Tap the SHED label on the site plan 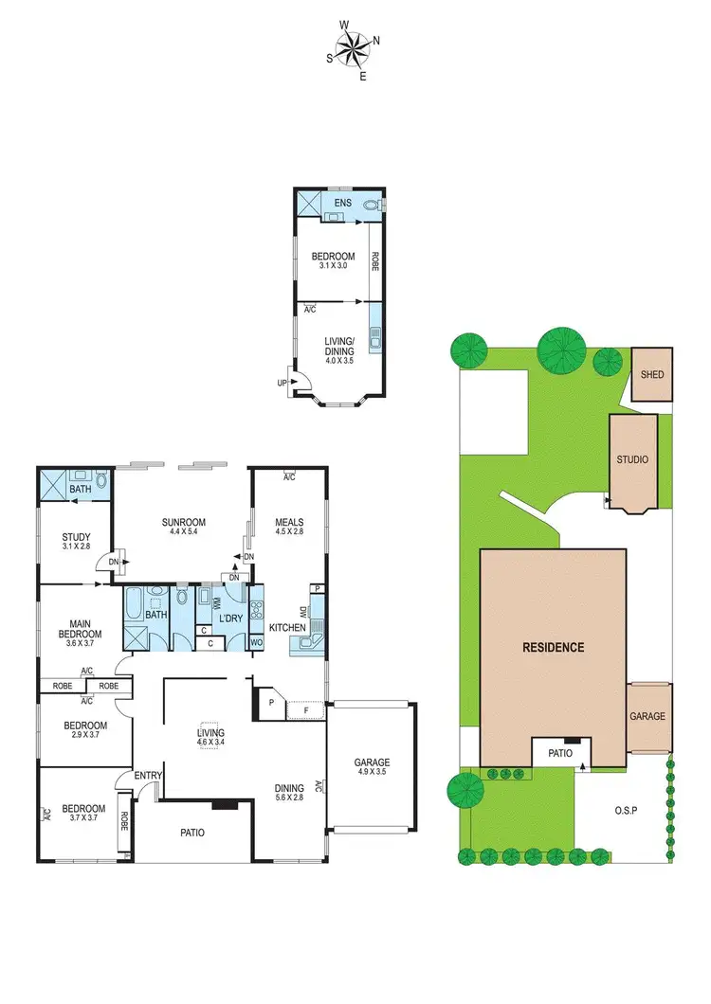pos(652,374)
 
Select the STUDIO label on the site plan pos(632,459)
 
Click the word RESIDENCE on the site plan pos(553,649)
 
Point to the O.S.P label pos(624,809)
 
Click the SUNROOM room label pos(182,522)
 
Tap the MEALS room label pos(288,521)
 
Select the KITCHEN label pos(287,628)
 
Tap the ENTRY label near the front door pos(148,776)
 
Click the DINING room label pos(289,788)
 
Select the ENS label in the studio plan pos(342,204)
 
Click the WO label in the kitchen pos(256,644)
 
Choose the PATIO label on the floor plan pos(192,833)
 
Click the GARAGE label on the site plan pos(648,717)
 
